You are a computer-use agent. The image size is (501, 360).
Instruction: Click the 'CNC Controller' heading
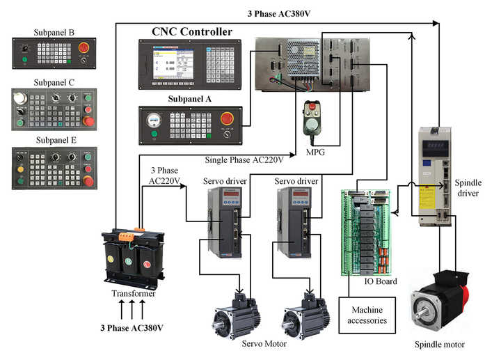point(192,32)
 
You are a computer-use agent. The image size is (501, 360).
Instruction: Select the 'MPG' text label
point(318,151)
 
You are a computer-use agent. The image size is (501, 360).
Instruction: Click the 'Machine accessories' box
point(367,315)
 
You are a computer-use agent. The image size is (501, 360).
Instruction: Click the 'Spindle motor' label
point(439,344)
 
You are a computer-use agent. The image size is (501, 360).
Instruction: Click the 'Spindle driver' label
point(468,188)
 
